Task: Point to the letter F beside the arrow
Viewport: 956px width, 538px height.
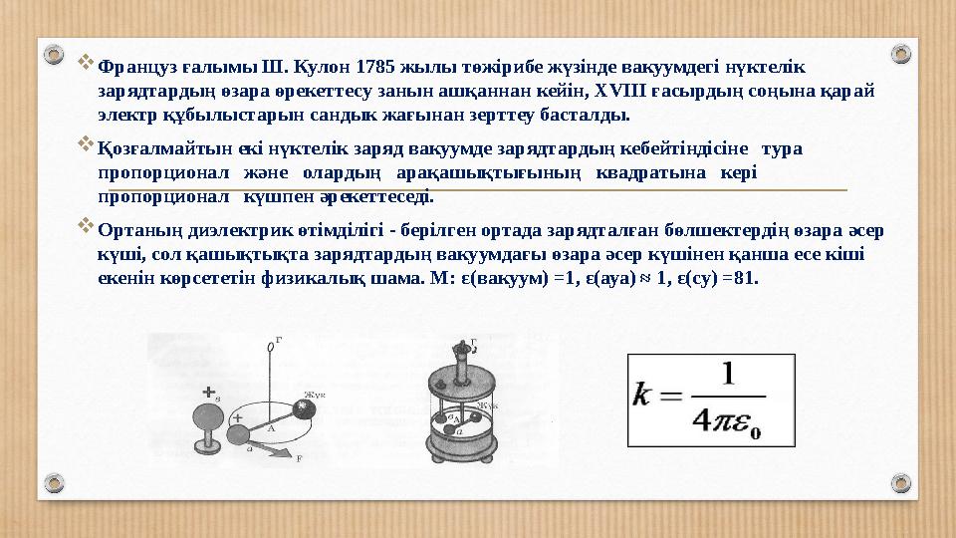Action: (x=299, y=458)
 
